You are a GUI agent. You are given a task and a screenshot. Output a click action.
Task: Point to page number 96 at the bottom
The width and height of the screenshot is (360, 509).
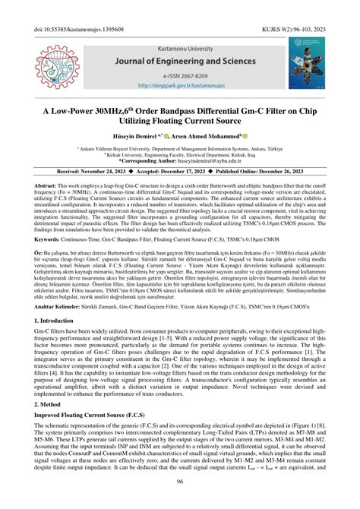(180, 502)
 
